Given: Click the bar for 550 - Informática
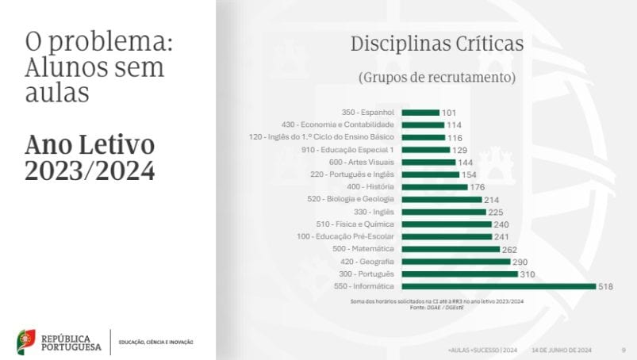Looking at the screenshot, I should coord(498,286).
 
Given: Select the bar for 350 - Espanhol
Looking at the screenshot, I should coord(420,113).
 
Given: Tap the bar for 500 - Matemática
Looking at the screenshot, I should coord(451,249).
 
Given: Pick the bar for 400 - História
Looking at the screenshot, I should coord(435,187).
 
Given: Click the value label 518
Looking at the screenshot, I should coord(606,286).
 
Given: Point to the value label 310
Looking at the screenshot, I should coord(528,274).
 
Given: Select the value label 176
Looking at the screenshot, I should coord(477,187).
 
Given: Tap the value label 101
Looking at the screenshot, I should coord(449,113).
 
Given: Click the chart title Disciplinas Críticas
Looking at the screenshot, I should coord(437,44).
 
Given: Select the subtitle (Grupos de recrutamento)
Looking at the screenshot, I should coord(437,78).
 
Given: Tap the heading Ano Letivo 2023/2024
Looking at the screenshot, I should coord(90,158).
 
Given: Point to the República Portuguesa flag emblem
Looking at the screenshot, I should coord(26,342).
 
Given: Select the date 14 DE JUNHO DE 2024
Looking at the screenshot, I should coord(562,349).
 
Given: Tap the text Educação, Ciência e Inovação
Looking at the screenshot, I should coord(155,343).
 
